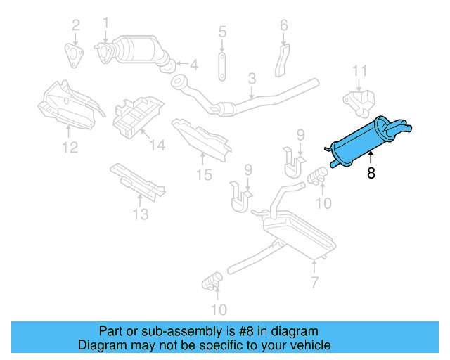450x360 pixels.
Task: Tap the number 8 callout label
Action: (x=371, y=172)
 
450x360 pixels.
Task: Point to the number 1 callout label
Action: (x=106, y=22)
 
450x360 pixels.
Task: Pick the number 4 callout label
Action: (x=194, y=65)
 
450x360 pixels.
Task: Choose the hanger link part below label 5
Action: (x=221, y=64)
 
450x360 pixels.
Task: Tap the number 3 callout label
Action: (x=251, y=91)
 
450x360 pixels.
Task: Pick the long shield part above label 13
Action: (x=137, y=179)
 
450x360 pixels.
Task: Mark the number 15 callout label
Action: (x=204, y=174)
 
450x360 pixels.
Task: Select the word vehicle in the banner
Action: (x=309, y=345)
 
